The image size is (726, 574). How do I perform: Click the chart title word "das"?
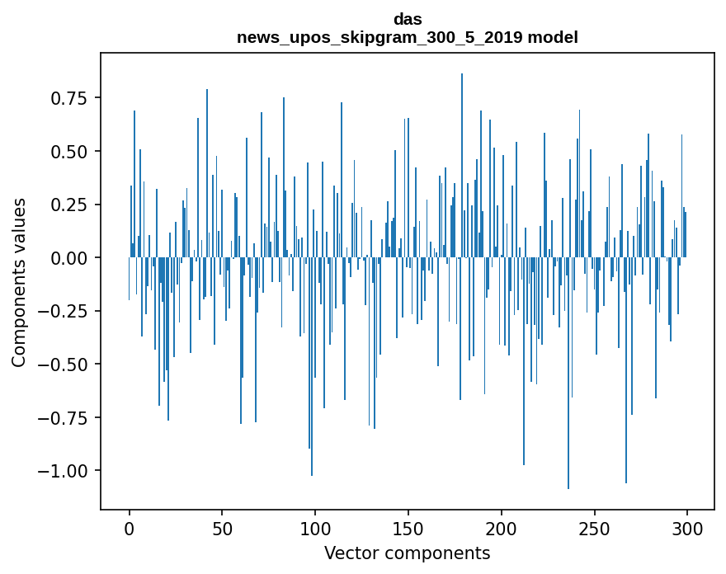[408, 19]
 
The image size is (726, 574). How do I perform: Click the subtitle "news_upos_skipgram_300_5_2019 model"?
[408, 37]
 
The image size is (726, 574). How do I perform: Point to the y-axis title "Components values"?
[19, 282]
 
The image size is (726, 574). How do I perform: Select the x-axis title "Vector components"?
[408, 553]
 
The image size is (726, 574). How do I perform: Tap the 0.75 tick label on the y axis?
[68, 98]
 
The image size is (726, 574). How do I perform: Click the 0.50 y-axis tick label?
[68, 152]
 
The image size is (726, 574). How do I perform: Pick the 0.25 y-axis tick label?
[68, 205]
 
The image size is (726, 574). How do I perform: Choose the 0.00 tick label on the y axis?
[68, 258]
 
